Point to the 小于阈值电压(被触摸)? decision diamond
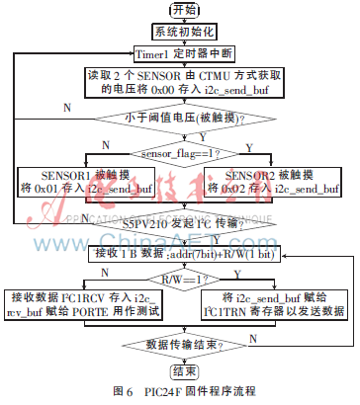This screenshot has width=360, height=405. pos(180,119)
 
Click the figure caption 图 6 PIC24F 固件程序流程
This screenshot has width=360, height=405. pos(180,392)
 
